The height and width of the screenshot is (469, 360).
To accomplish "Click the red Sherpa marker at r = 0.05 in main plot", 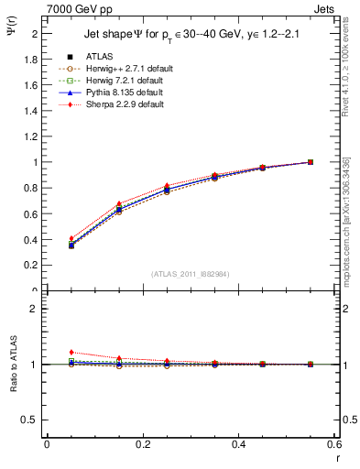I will click(47, 238).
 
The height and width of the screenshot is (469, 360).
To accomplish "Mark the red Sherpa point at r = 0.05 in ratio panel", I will click(47, 352).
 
